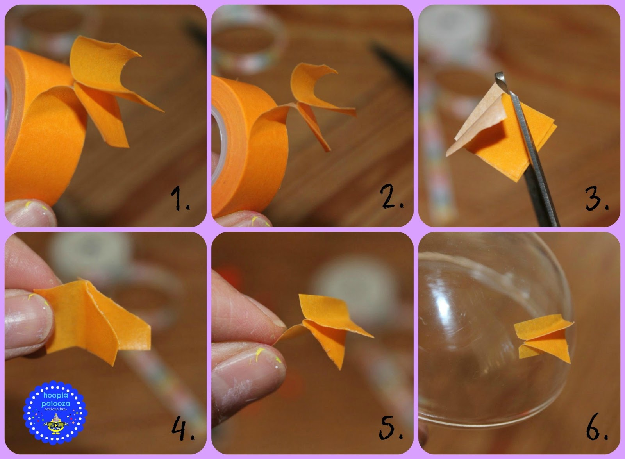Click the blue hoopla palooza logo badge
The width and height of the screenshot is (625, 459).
click(55, 413)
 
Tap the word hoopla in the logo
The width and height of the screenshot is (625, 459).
click(55, 395)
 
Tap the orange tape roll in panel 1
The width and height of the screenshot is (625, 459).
click(42, 125)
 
